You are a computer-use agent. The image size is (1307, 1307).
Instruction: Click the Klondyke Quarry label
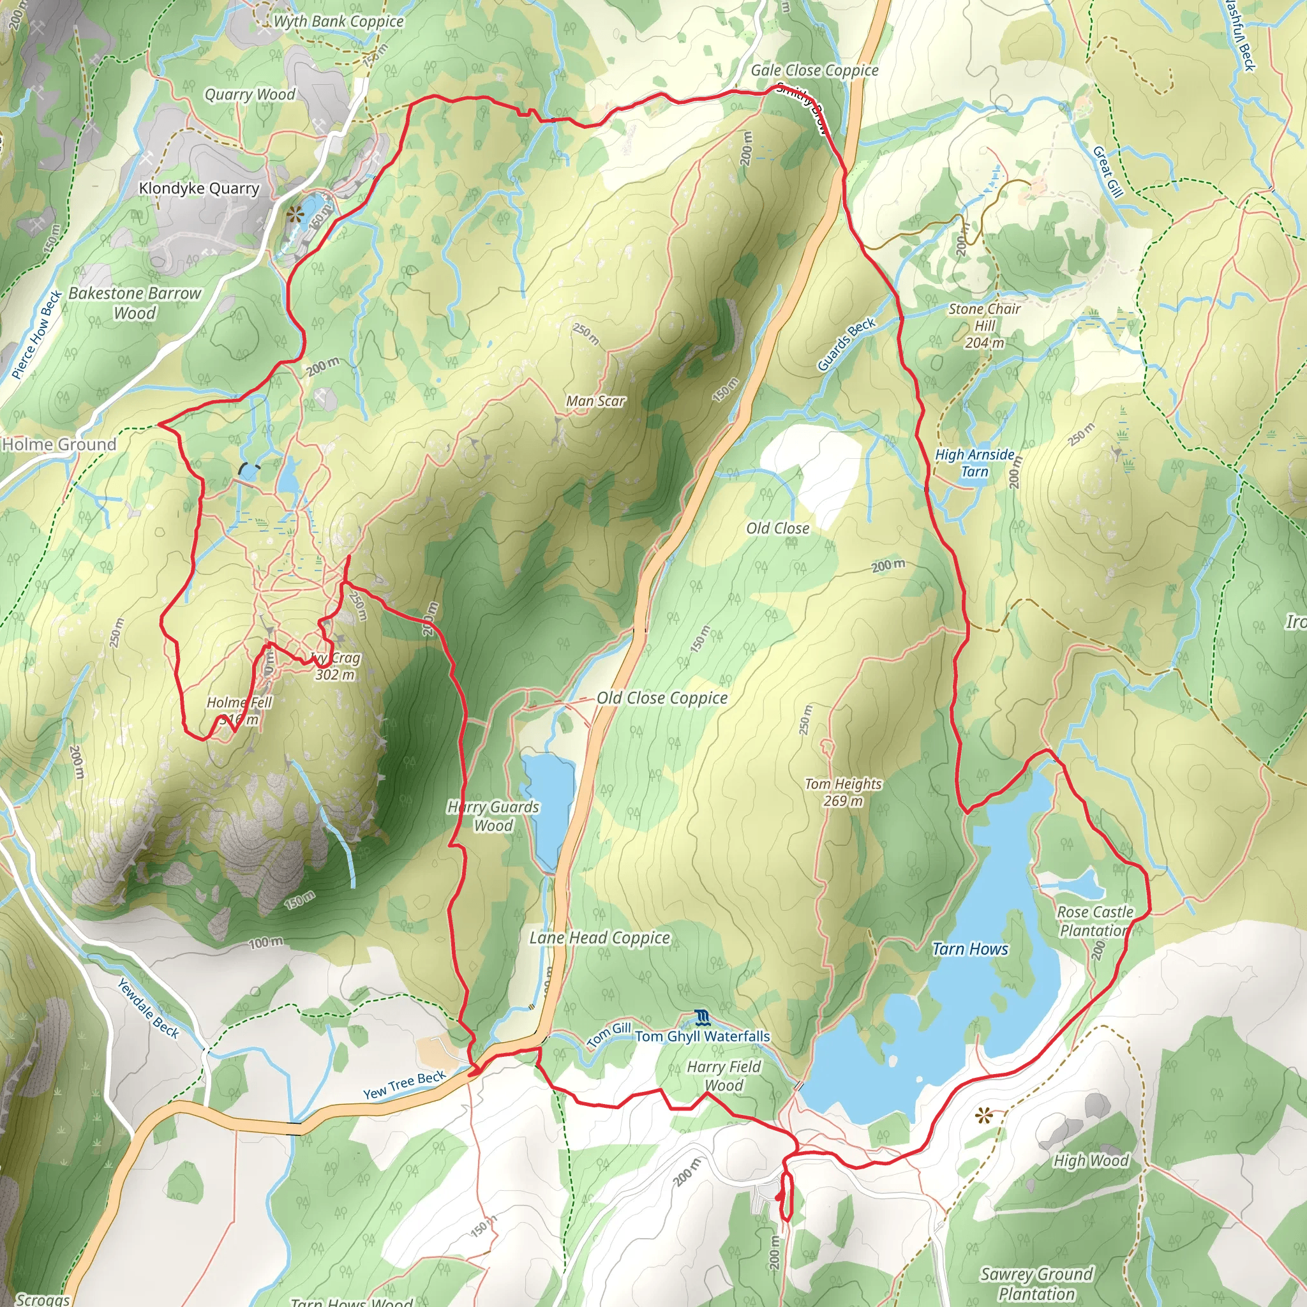coord(199,188)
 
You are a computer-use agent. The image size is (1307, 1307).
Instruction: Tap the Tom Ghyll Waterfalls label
coord(702,1036)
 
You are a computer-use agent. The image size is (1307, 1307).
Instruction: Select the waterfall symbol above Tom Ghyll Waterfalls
coord(701,1017)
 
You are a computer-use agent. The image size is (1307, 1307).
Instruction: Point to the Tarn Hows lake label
coord(970,949)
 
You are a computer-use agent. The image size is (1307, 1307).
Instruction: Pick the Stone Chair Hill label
coord(984,325)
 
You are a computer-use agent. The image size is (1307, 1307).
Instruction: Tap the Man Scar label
coord(595,401)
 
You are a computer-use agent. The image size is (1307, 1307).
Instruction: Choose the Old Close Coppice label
coord(662,698)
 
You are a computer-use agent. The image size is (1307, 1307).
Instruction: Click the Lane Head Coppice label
coord(599,937)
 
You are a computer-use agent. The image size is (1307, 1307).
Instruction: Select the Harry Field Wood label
coord(724,1075)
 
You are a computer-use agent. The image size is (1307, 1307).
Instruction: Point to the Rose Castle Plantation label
coord(1094,922)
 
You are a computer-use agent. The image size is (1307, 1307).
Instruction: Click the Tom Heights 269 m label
coord(843,792)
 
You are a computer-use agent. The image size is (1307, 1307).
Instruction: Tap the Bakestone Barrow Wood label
coord(135,302)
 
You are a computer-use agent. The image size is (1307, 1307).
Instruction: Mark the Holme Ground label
coord(59,444)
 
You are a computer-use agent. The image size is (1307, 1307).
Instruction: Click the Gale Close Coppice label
coord(814,70)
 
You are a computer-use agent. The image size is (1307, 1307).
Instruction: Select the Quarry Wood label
coord(250,94)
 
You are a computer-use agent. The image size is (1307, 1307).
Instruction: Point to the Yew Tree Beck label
coord(405,1085)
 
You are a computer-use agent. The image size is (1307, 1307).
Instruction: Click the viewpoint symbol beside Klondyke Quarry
coord(294,216)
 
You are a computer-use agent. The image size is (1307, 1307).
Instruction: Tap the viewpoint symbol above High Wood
coord(983,1116)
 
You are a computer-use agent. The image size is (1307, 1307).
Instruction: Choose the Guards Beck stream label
coord(846,345)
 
